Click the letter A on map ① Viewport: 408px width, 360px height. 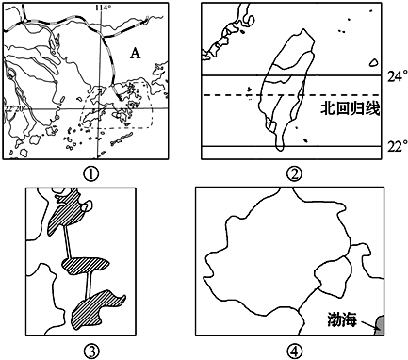tap(135, 54)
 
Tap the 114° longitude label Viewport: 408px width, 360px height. tap(104, 8)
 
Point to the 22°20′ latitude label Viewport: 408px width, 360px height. tap(15, 108)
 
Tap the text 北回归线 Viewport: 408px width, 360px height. tap(350, 109)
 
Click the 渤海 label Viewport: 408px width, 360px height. tap(342, 319)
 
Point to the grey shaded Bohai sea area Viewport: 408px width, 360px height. tap(380, 324)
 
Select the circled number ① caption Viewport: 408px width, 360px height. tap(91, 174)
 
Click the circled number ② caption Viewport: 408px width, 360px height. tap(294, 174)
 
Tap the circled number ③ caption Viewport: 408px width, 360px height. tap(91, 350)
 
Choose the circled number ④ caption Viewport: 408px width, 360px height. tap(294, 350)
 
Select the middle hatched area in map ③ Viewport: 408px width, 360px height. tap(84, 265)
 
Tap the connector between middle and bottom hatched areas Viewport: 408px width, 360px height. tap(89, 286)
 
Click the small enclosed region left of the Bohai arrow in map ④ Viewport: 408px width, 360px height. tap(334, 274)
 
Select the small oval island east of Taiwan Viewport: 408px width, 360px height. tap(373, 63)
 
